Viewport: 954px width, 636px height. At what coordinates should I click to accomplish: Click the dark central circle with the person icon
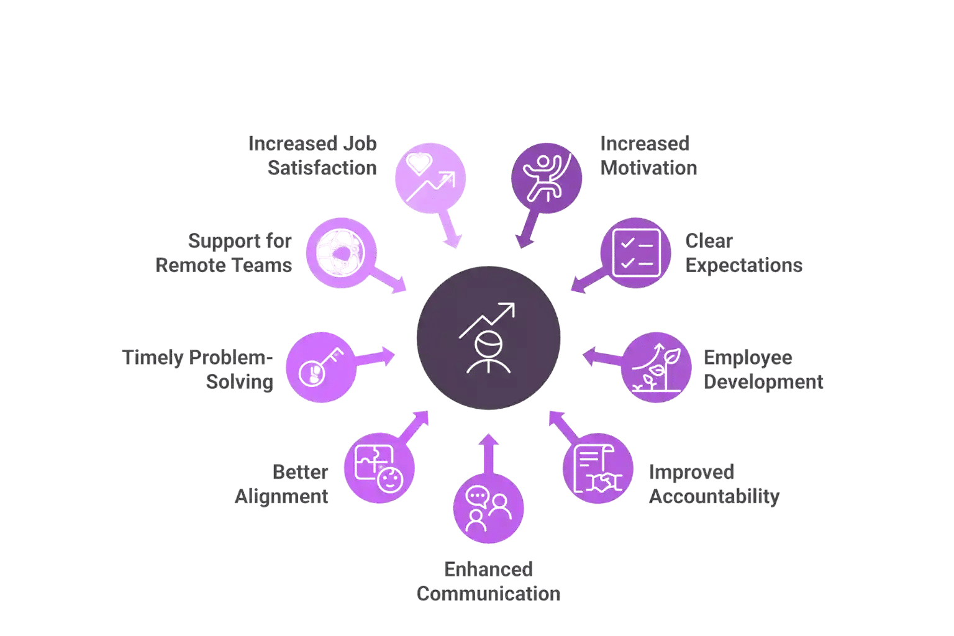488,338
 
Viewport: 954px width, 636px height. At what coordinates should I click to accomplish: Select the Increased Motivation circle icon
547,178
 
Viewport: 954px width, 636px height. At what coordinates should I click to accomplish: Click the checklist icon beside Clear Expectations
636,253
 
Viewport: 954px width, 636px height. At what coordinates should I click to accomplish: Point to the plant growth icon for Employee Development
656,367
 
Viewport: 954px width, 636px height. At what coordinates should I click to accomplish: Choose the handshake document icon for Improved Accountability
597,468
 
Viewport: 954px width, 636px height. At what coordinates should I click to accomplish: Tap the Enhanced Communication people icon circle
489,508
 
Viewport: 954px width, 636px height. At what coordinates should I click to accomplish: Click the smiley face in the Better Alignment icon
389,480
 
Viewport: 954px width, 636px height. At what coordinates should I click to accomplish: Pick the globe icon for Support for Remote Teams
341,253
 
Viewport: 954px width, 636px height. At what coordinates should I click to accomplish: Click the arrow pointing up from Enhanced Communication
489,454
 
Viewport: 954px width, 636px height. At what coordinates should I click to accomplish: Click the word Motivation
648,168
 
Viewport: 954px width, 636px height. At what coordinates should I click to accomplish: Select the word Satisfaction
322,168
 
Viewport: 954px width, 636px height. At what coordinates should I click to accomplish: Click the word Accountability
714,496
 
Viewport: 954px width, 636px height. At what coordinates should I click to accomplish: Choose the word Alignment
281,496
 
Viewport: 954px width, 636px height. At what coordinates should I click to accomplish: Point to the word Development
763,382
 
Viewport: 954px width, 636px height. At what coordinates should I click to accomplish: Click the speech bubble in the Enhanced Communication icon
476,496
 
